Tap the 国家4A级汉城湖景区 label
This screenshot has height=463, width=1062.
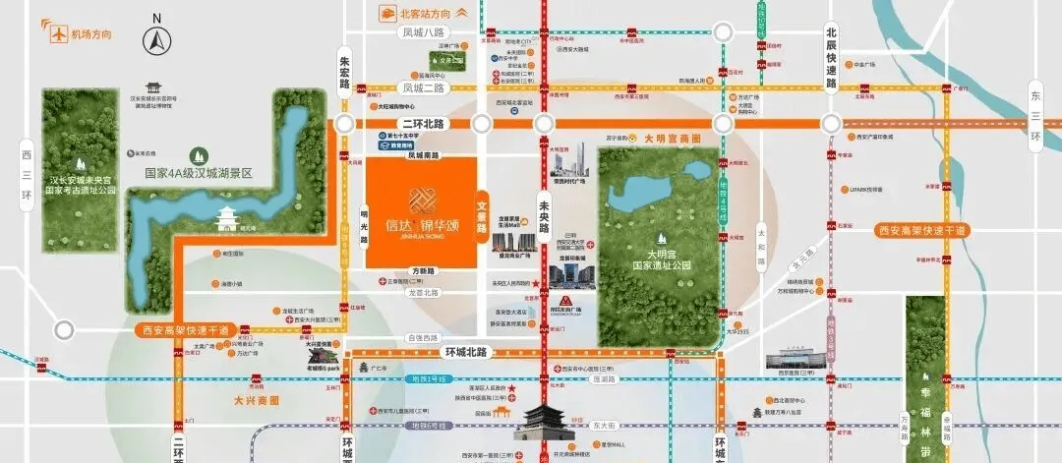point(199,172)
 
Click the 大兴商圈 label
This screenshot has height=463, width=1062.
point(257,400)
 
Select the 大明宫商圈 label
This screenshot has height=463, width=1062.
point(672,140)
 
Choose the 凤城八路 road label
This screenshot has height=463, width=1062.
point(425,31)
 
